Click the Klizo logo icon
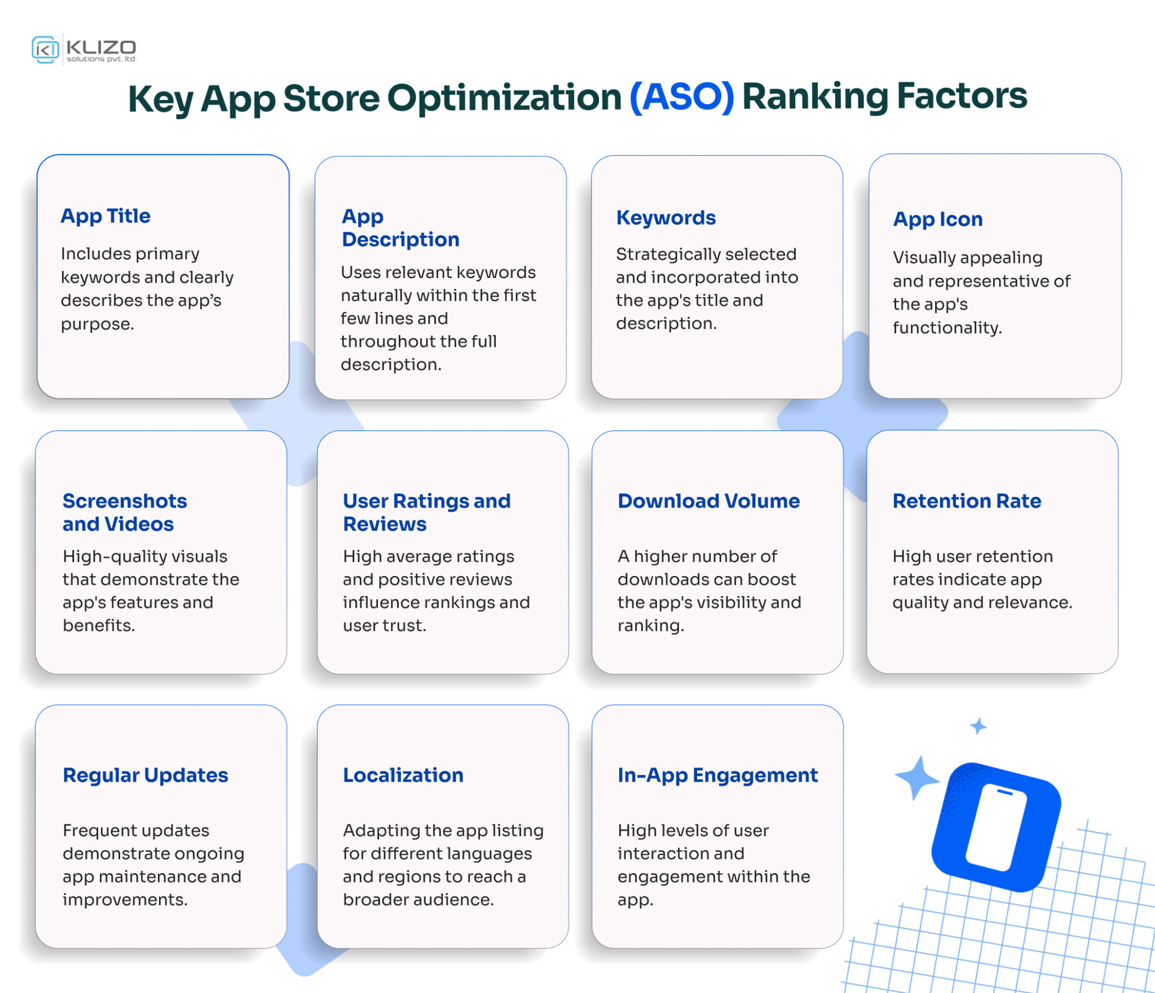[45, 50]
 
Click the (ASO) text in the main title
[681, 97]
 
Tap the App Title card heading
[105, 216]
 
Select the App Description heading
[400, 228]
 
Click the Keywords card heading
[665, 218]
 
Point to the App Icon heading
[937, 219]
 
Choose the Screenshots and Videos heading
[125, 513]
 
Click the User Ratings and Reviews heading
[426, 513]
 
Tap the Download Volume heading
[708, 501]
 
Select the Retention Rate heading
[966, 501]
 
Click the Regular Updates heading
[146, 775]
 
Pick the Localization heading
[403, 775]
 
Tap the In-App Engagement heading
[717, 775]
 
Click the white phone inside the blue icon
[997, 827]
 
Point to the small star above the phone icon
[978, 726]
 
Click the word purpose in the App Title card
[96, 325]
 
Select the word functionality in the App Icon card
[946, 328]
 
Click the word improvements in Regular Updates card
[124, 900]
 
